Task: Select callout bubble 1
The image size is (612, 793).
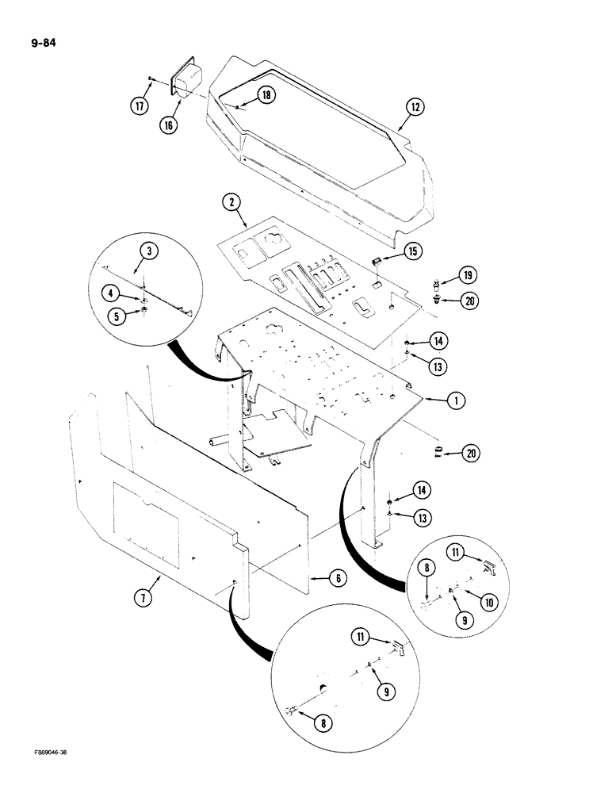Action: pyautogui.click(x=454, y=401)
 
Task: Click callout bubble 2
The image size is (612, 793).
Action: pyautogui.click(x=231, y=204)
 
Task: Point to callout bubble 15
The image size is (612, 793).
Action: pyautogui.click(x=411, y=251)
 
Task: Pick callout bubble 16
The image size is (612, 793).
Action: pyautogui.click(x=168, y=125)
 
